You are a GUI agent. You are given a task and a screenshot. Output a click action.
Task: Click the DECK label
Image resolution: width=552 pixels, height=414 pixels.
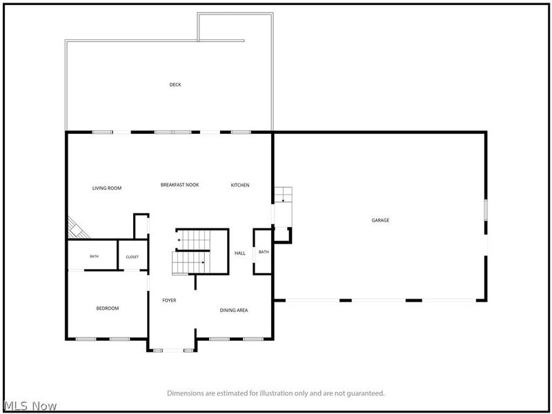coord(175,84)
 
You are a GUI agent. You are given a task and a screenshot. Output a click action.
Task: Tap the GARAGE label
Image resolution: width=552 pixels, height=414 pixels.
coord(381,220)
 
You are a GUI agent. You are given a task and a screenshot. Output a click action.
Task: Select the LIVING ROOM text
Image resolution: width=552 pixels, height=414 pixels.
coord(107,188)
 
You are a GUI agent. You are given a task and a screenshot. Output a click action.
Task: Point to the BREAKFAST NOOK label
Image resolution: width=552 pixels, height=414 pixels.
coord(180,184)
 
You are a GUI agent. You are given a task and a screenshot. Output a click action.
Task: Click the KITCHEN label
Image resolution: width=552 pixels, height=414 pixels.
coord(240,185)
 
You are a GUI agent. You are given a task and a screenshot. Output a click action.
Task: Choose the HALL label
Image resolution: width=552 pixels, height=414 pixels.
coord(240,253)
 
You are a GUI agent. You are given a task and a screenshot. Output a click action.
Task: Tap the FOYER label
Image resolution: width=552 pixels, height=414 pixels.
coord(169,300)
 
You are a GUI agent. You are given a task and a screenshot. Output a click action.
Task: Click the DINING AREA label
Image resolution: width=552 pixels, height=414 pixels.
coord(234,310)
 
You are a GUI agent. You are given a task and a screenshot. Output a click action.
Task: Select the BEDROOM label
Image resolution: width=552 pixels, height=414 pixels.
coord(108,308)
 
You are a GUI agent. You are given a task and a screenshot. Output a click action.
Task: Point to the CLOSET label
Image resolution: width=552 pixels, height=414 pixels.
coord(132,257)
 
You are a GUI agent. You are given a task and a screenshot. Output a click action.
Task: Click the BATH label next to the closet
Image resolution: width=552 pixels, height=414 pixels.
coord(95,256)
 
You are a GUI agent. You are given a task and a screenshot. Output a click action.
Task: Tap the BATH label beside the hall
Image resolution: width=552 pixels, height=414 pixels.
coord(264,252)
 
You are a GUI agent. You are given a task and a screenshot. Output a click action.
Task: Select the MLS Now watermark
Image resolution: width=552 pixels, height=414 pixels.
coord(30,406)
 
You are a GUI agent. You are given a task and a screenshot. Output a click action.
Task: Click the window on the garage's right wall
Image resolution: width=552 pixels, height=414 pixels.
coord(486,210)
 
